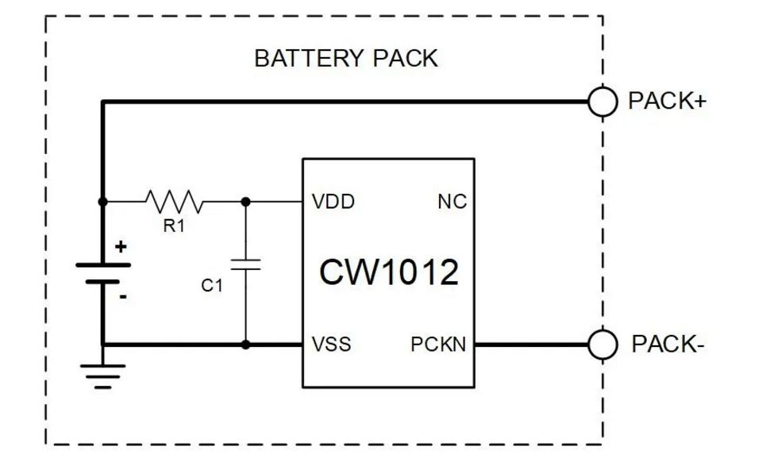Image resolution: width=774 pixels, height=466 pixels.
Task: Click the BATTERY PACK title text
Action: pos(345,59)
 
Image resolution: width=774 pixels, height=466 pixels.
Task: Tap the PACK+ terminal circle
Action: pos(603,102)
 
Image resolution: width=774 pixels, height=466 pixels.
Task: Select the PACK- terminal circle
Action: pos(603,345)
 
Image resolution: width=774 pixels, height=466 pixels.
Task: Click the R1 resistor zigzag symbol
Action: pos(175,202)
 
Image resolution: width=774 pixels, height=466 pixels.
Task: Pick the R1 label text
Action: pos(174,226)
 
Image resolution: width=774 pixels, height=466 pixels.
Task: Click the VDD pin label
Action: pos(334,202)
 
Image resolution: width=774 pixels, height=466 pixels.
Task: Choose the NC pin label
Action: pos(452,202)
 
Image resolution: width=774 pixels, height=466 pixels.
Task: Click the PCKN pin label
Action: pos(438,345)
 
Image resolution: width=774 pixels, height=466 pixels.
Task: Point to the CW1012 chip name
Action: pos(388,272)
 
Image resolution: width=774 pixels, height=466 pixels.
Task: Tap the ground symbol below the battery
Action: pos(102,375)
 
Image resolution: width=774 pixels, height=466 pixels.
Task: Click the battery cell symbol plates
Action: pos(102,272)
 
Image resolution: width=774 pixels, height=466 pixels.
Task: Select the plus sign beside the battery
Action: pos(121,247)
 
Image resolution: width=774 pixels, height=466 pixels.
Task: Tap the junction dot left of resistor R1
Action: pos(102,202)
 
